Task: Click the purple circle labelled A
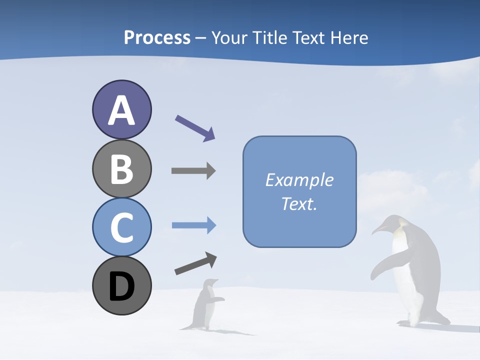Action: [x=121, y=109]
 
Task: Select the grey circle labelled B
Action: [x=121, y=168]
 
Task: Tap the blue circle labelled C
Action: [x=121, y=227]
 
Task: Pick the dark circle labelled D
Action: [x=121, y=285]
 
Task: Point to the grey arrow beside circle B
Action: [x=193, y=170]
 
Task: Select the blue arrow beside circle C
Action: [x=194, y=225]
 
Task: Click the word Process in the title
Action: [x=157, y=37]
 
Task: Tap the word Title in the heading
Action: [x=270, y=37]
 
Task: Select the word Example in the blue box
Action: [x=299, y=180]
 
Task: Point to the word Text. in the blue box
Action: [x=299, y=204]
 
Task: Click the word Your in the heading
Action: [x=229, y=37]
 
